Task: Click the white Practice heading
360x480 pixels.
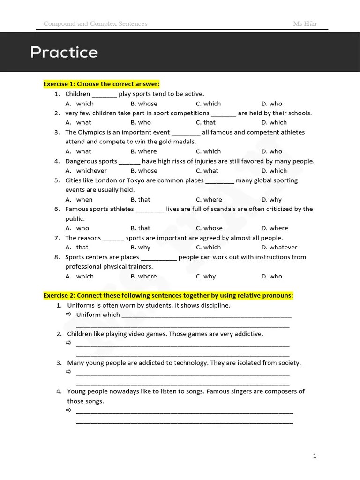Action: [64, 52]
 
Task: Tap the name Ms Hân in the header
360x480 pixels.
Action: [305, 23]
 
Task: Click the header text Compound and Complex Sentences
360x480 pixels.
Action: [95, 23]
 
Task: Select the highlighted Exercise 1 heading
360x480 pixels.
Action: [101, 84]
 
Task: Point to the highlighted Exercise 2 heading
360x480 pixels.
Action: [168, 295]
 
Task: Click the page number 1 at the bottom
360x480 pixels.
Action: [315, 455]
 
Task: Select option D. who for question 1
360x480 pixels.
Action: [272, 104]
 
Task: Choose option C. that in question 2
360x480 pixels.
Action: [206, 122]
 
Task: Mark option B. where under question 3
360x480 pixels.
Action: [144, 151]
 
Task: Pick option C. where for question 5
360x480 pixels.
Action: [209, 199]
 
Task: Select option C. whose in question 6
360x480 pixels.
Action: [209, 228]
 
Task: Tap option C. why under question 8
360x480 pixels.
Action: [206, 276]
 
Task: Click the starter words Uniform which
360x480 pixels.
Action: [98, 315]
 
